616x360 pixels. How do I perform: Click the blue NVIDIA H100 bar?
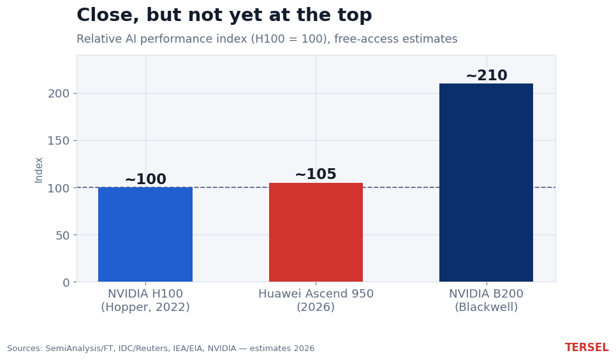point(145,234)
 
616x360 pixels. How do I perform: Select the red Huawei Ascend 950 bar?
point(316,232)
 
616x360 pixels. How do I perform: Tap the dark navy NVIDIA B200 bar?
point(486,183)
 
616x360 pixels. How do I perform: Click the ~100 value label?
point(145,179)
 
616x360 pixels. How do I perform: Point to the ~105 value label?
point(316,174)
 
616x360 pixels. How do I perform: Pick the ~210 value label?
point(487,75)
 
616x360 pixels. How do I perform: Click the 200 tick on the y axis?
point(59,94)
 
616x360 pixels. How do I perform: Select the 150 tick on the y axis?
point(59,141)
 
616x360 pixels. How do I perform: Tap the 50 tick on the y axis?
point(62,235)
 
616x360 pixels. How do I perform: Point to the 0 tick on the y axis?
point(66,283)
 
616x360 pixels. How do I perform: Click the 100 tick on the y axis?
point(59,188)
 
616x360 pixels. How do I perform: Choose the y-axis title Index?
point(38,170)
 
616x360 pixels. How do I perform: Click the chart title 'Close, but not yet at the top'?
point(224,15)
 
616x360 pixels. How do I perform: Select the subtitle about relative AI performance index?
point(267,39)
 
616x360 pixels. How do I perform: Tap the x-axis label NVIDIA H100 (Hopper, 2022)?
point(145,300)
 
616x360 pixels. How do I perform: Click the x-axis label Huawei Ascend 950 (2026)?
point(316,300)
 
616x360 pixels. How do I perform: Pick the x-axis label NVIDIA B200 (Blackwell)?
point(487,300)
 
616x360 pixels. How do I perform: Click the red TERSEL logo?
point(587,347)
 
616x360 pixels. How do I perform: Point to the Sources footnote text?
point(161,349)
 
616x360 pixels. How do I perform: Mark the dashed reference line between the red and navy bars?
point(401,187)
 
